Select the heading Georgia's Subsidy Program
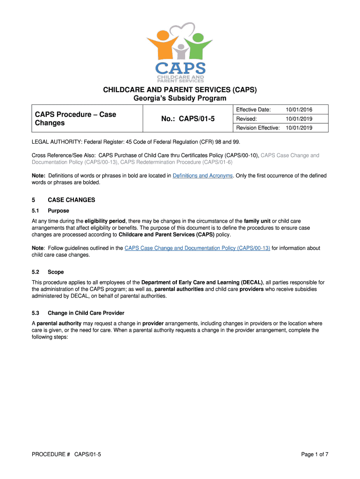tap(180, 98)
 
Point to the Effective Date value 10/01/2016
tap(299, 109)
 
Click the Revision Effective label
tap(258, 128)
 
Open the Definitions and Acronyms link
tap(202, 176)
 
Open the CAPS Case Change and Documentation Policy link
tap(197, 248)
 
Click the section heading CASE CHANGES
tap(71, 200)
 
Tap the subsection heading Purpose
tap(58, 211)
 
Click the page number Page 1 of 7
tap(315, 454)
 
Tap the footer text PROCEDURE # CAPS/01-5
tap(66, 454)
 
